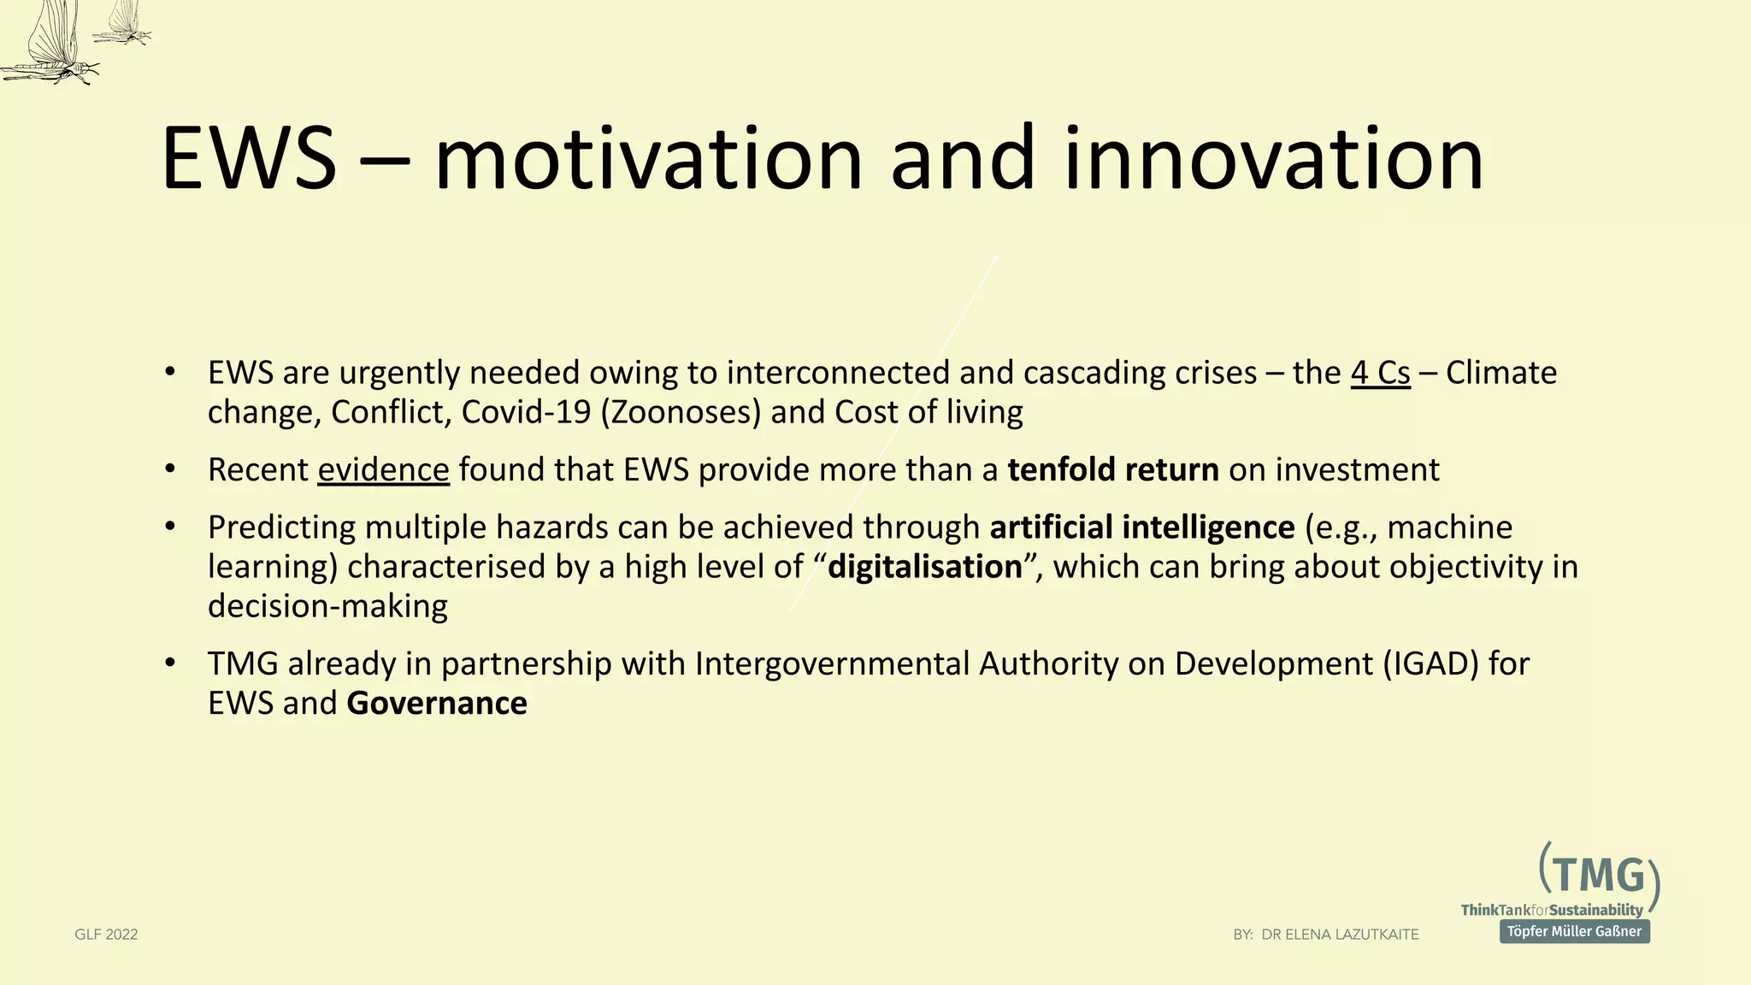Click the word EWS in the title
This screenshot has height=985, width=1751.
[x=249, y=159]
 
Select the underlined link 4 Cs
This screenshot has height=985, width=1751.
[x=1380, y=373]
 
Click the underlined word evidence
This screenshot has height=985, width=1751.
[x=383, y=470]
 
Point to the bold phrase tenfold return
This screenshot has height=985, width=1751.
[x=1112, y=470]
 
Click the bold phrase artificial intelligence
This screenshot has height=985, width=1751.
[x=1141, y=528]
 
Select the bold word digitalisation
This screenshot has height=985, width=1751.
[x=924, y=567]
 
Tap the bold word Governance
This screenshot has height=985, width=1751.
[x=436, y=703]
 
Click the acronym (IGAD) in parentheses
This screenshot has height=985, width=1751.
[x=1430, y=664]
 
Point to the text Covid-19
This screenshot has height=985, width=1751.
[x=526, y=412]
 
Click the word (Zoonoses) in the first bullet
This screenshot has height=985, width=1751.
[x=681, y=412]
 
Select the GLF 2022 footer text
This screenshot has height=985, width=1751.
[x=106, y=935]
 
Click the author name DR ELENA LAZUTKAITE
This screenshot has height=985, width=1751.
[x=1340, y=935]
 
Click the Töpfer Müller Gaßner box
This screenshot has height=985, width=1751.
[x=1574, y=931]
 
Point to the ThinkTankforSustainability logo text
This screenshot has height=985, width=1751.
[x=1551, y=910]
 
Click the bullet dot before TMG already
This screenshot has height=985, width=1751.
[x=170, y=664]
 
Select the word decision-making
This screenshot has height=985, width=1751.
[x=327, y=606]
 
